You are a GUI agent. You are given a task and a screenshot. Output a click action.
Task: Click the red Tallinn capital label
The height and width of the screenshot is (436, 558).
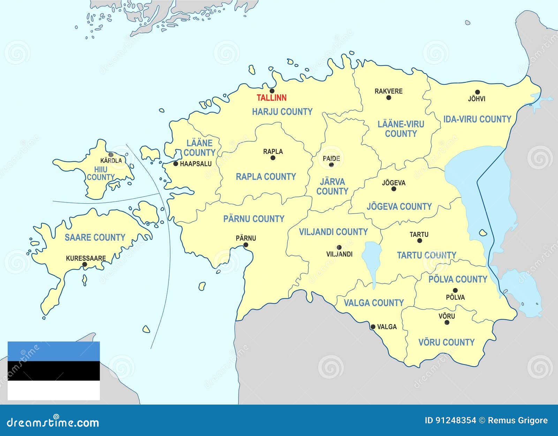tap(271, 98)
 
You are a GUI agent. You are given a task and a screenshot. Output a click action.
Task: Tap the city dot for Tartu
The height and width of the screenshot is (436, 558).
tap(420, 241)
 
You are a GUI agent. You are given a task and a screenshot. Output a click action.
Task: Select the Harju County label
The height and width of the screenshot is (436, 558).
tap(282, 112)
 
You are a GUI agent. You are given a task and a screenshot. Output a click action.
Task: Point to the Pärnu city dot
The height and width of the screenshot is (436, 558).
tap(246, 245)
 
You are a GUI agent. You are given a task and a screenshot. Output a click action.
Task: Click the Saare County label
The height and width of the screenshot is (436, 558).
tap(95, 237)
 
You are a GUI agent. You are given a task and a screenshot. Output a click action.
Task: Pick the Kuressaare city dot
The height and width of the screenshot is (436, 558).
tap(84, 264)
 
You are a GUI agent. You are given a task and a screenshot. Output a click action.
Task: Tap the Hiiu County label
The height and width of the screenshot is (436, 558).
tap(101, 173)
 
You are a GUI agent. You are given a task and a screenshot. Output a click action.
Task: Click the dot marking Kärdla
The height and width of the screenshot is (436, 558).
tap(111, 154)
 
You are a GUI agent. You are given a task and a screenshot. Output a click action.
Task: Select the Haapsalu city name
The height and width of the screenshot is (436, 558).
tap(196, 163)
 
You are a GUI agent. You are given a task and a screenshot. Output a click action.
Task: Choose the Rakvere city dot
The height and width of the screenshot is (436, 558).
tap(389, 98)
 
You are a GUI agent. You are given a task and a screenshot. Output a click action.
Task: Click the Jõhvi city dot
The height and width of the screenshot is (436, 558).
tap(477, 92)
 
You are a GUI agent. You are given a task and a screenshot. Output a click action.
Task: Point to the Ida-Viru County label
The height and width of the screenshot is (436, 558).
tap(477, 119)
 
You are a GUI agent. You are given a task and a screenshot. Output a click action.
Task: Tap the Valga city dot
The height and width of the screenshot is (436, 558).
tap(373, 327)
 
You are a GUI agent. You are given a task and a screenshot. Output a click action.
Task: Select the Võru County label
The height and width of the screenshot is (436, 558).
tap(446, 342)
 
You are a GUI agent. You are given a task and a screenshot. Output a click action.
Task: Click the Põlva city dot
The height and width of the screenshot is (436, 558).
tap(455, 290)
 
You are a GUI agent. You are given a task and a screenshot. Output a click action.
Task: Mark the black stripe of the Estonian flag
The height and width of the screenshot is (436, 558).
tap(54, 371)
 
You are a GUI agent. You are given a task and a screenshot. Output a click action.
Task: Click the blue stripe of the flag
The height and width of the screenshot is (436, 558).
tap(54, 351)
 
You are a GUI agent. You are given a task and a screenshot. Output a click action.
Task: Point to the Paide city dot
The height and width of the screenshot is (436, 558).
tap(331, 164)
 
